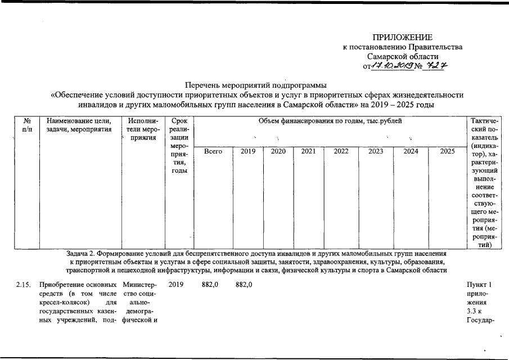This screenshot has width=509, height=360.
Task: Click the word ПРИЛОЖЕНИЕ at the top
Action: (x=402, y=37)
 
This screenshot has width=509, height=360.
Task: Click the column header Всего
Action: (x=213, y=151)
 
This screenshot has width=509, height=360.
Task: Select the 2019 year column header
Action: (x=248, y=151)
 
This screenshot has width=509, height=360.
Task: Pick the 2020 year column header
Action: (x=278, y=151)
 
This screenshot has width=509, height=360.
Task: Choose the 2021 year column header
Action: (x=308, y=151)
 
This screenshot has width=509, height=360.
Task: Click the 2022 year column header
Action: (x=341, y=151)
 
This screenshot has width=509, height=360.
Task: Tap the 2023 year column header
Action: (x=376, y=151)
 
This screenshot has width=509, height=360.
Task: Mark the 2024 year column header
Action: (x=411, y=151)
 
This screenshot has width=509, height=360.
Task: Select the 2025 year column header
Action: (x=447, y=151)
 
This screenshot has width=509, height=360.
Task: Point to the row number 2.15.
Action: (x=24, y=286)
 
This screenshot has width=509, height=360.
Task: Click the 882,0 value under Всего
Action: (x=210, y=286)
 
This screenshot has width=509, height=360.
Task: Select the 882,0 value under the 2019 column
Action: (x=245, y=286)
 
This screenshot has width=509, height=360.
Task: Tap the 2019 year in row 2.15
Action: (x=176, y=286)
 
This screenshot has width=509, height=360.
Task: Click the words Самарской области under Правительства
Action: (x=403, y=57)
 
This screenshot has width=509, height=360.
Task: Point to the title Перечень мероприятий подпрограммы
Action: (x=255, y=85)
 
